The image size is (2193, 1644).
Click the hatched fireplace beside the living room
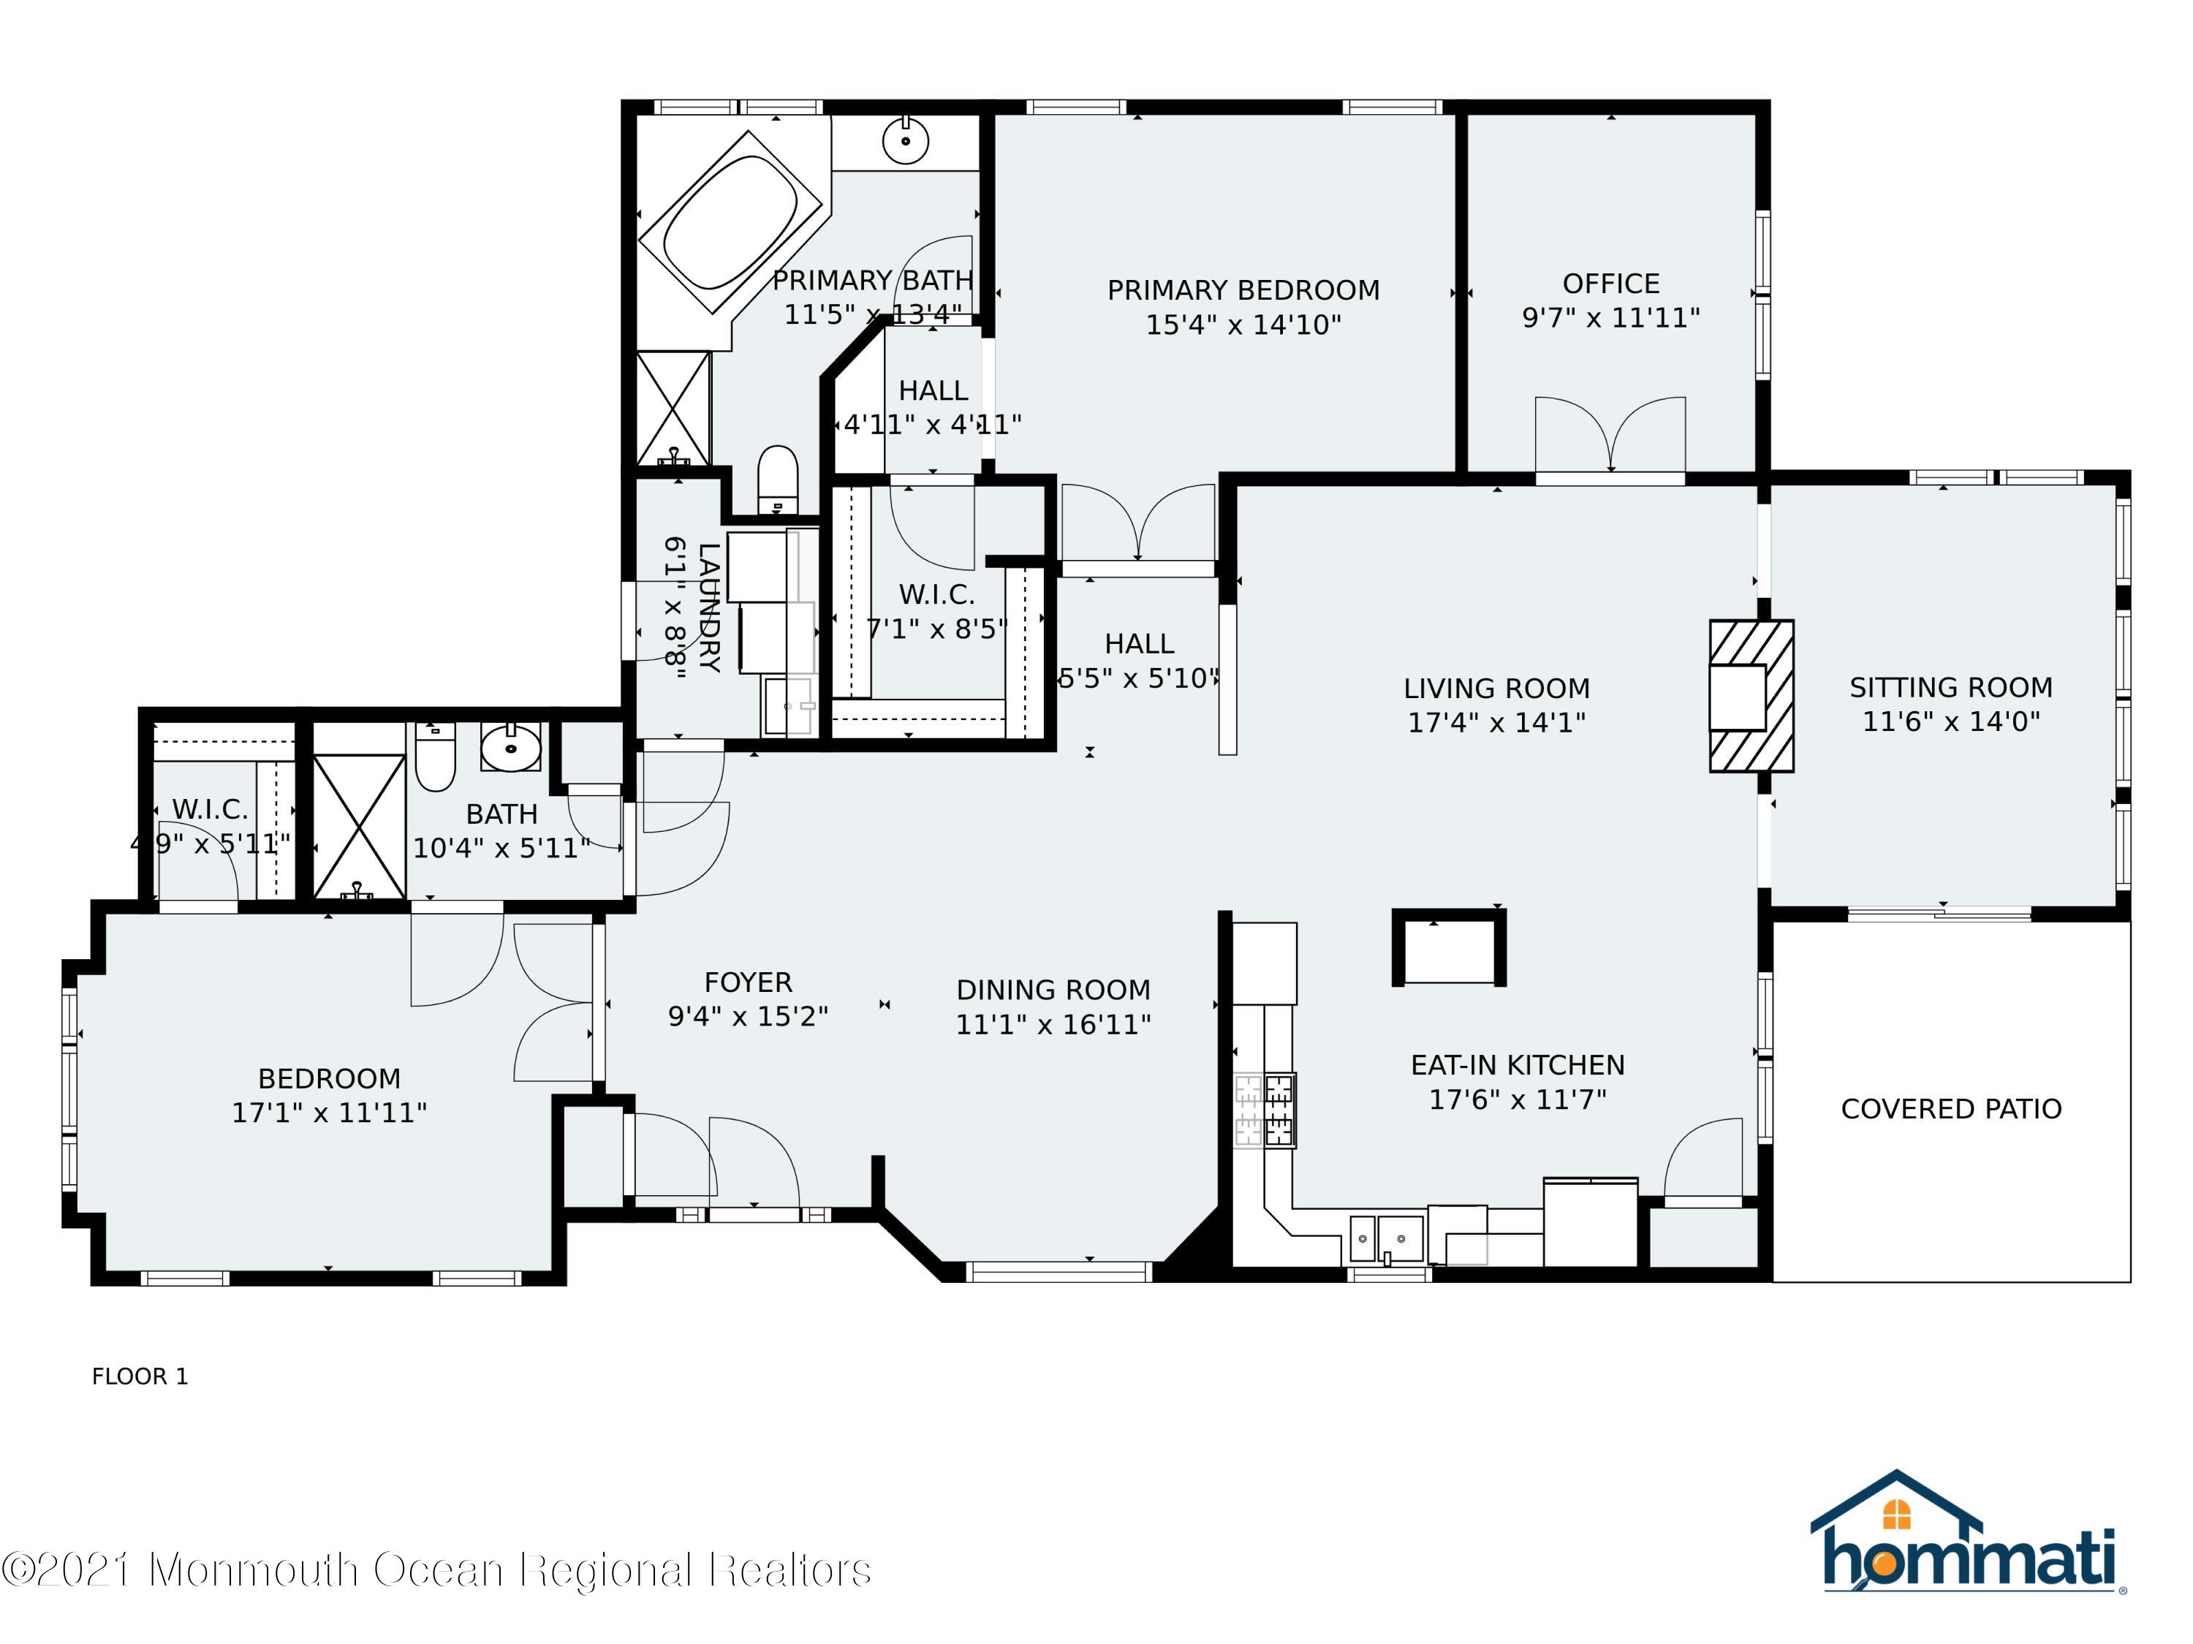point(1751,696)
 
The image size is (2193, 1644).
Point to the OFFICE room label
point(1611,284)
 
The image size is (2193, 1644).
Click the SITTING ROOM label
point(1951,687)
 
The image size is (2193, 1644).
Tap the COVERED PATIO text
point(1951,1109)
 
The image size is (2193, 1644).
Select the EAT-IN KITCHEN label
point(1518,1065)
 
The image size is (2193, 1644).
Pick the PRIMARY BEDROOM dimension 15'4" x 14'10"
point(1243,325)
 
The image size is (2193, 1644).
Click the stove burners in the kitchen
point(1265,1110)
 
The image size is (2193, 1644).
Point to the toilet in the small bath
point(434,757)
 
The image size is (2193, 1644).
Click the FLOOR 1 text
point(140,1376)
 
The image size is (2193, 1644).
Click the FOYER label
point(749,982)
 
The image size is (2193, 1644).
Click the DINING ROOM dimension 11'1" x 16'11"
point(1053,1024)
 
